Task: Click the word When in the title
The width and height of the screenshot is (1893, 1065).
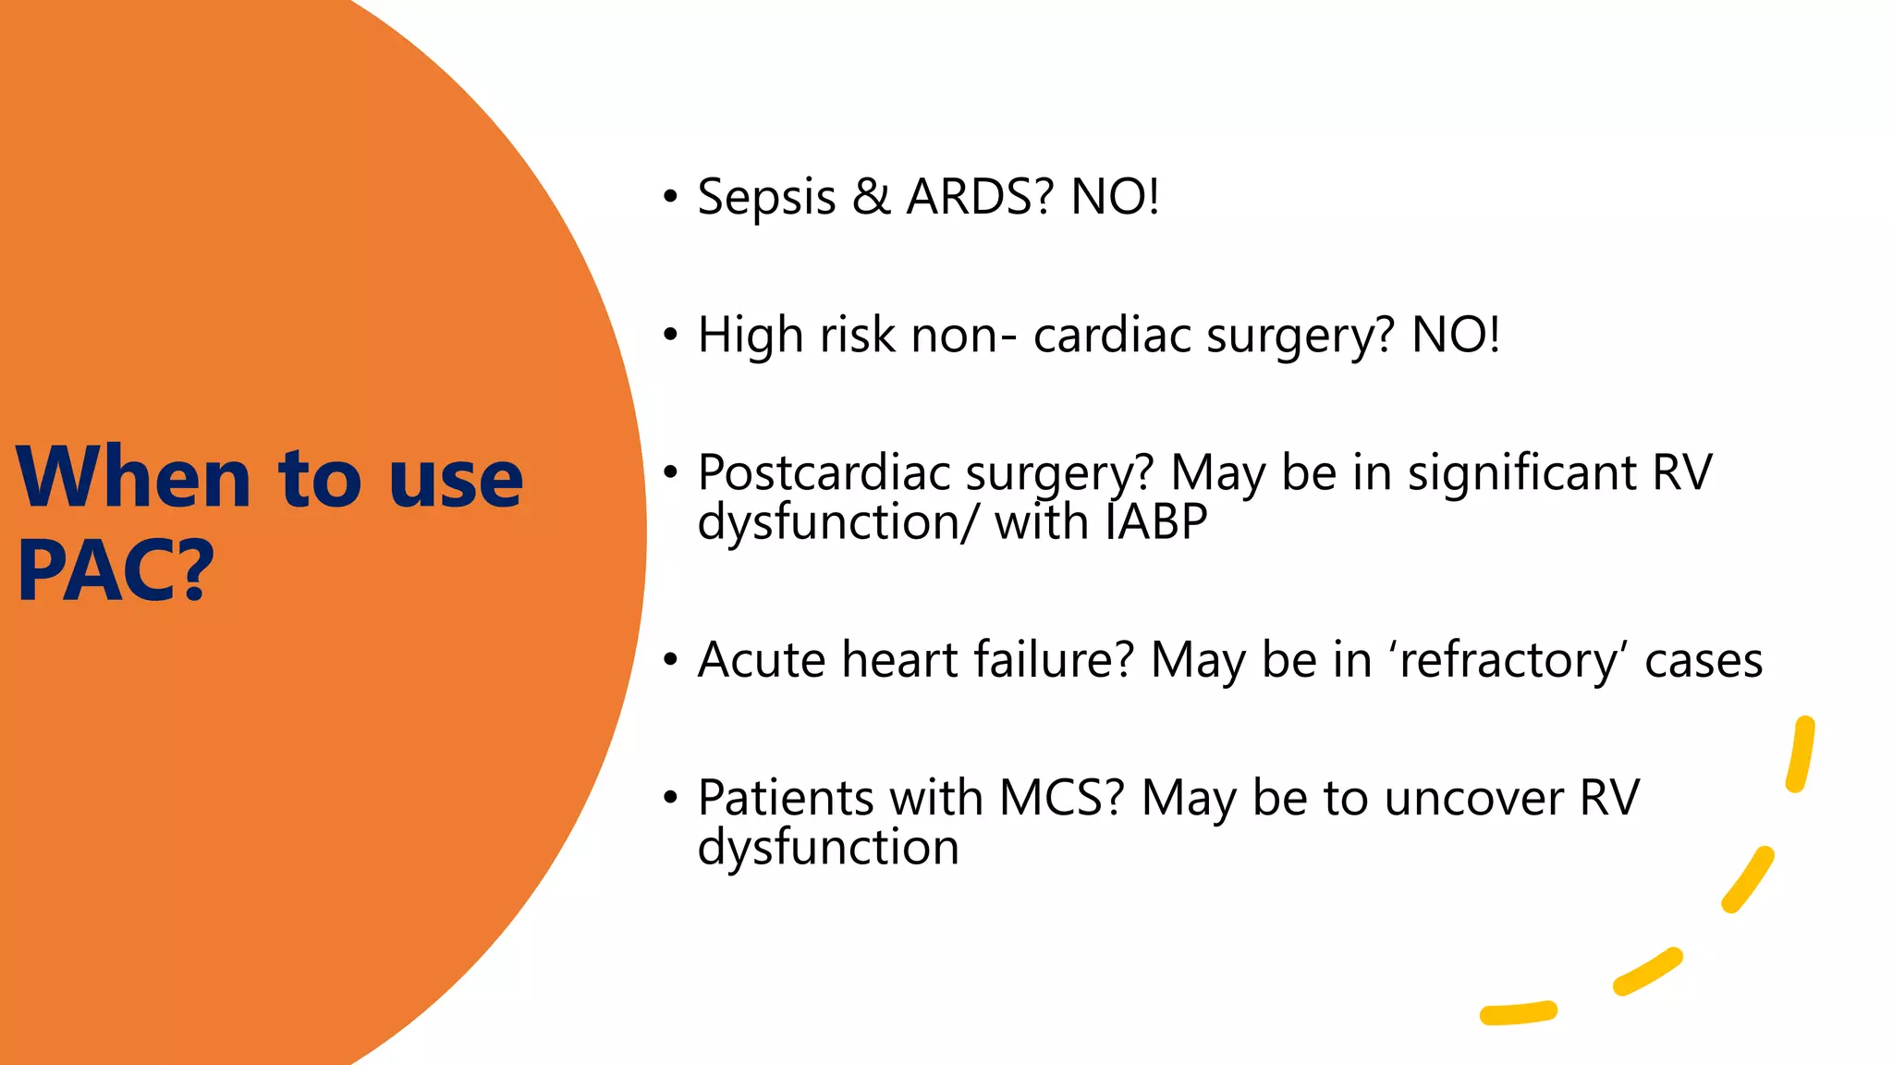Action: (133, 478)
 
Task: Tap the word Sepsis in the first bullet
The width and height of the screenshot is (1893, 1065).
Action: (766, 198)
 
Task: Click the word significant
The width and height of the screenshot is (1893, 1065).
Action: (1521, 473)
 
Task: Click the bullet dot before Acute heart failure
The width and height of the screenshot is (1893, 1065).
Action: (670, 660)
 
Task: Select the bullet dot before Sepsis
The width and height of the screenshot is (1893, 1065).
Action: (670, 197)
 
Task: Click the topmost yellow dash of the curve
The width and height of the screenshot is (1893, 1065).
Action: (1801, 754)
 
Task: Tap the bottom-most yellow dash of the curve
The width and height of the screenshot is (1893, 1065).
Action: (1519, 1013)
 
